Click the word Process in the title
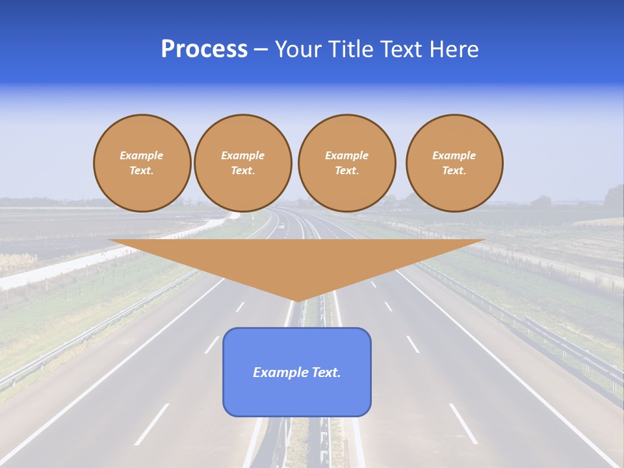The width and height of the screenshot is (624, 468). tap(204, 49)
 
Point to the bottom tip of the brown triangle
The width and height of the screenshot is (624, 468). tap(297, 300)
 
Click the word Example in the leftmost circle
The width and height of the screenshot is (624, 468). tap(142, 155)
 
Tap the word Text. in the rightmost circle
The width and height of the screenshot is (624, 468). tap(454, 170)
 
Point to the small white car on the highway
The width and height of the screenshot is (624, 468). tap(282, 227)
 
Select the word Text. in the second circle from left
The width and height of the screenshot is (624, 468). tap(242, 170)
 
